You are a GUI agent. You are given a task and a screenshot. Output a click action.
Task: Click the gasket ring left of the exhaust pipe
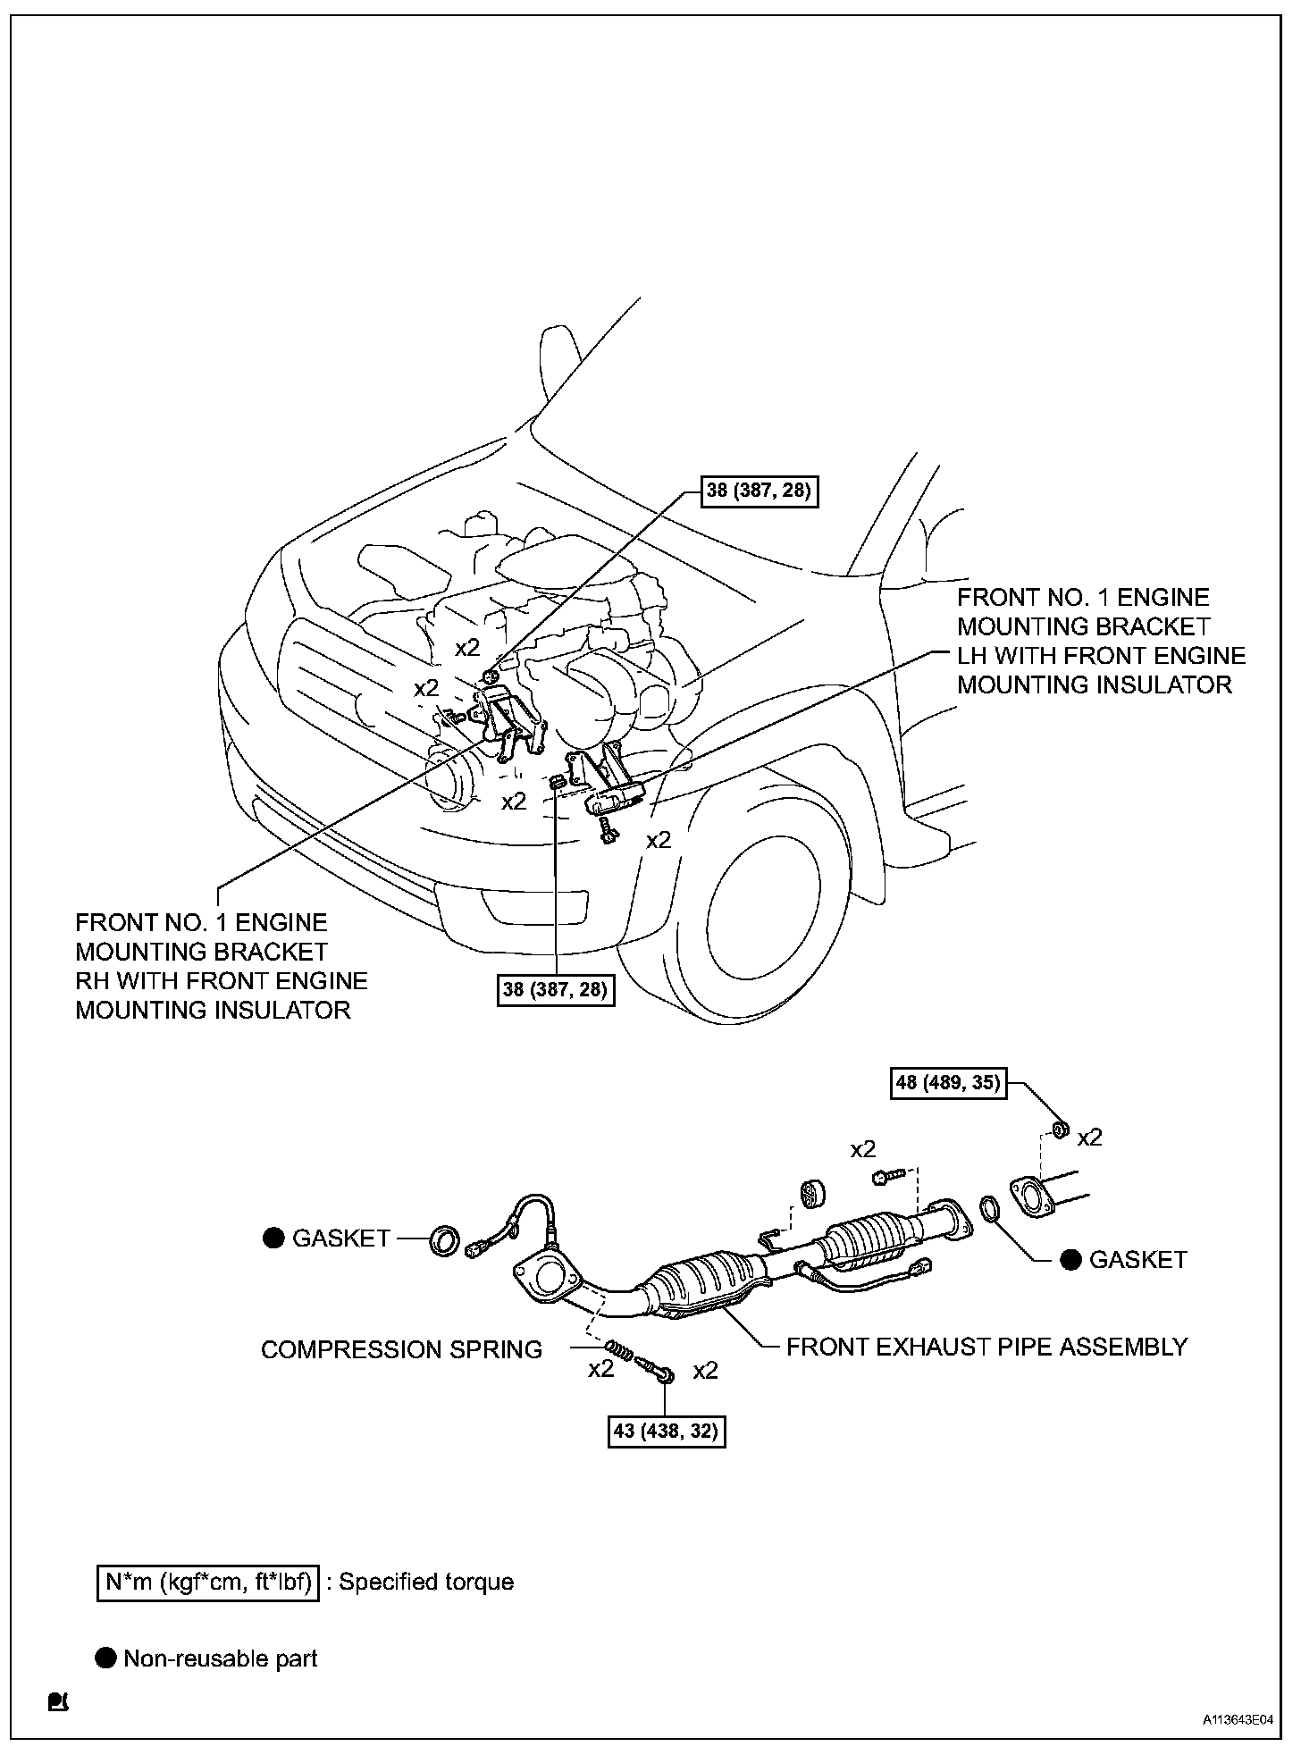(446, 1240)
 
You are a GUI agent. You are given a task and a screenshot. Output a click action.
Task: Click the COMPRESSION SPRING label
(401, 1349)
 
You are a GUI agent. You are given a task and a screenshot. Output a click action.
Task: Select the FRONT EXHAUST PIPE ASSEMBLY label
(986, 1347)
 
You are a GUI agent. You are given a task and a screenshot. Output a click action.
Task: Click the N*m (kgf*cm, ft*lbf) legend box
(207, 1583)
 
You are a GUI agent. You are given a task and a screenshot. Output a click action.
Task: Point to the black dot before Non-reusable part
(106, 1658)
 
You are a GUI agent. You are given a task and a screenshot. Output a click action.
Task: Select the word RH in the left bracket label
(90, 981)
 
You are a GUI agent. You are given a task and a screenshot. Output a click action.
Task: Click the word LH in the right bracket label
(972, 656)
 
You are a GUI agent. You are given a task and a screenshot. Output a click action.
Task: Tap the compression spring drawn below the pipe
(617, 1349)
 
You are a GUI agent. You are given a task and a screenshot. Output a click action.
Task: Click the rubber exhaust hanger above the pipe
(811, 1194)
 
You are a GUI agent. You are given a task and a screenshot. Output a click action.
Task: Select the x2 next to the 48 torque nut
(1089, 1138)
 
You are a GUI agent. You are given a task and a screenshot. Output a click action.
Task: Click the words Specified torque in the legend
(426, 1583)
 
